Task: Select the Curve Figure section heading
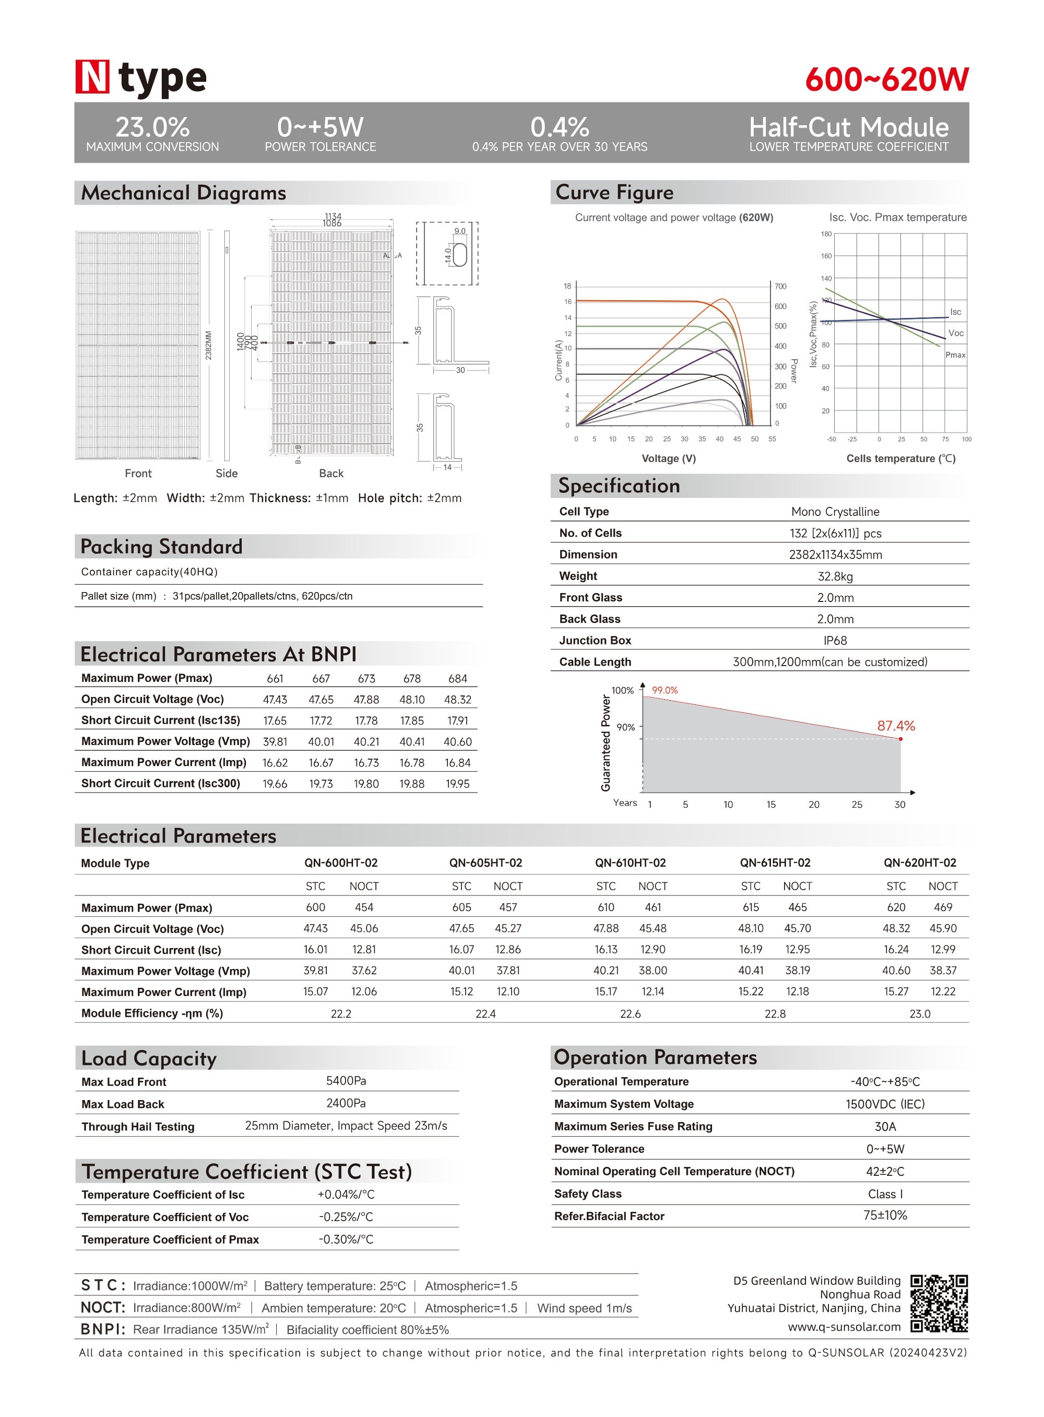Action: (x=614, y=192)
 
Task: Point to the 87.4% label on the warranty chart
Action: (x=895, y=726)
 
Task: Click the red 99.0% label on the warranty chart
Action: (x=665, y=690)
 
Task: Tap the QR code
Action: (x=939, y=1303)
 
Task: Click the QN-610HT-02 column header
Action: (x=630, y=863)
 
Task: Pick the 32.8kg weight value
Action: (x=835, y=576)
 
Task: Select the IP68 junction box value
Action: (x=835, y=641)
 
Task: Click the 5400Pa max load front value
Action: (x=346, y=1081)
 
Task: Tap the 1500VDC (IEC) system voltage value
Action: (x=885, y=1104)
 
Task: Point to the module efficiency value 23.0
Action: (x=920, y=1014)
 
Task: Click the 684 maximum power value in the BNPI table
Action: (x=458, y=679)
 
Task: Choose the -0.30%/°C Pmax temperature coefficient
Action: (x=346, y=1239)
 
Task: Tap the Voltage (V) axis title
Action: (x=669, y=458)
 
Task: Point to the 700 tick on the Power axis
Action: (x=780, y=286)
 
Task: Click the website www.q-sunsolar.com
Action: (x=844, y=1327)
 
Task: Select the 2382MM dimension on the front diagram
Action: (x=209, y=345)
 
